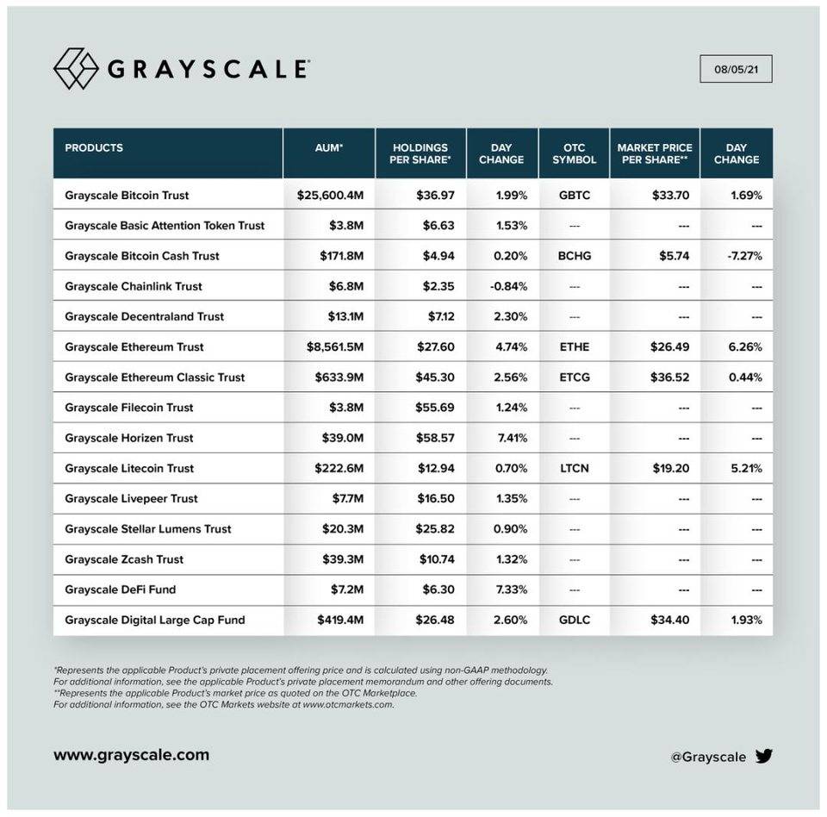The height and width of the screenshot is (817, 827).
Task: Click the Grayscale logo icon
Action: [x=76, y=69]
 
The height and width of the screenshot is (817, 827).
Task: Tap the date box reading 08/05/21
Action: [x=736, y=69]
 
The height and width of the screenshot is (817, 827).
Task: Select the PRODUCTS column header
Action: [x=94, y=147]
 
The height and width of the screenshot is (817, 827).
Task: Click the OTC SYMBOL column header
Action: [x=574, y=153]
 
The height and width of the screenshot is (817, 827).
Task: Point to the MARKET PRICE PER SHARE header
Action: [x=655, y=153]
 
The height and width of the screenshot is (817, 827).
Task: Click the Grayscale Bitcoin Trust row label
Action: [x=127, y=196]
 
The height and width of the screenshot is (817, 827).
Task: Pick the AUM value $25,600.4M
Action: [x=330, y=196]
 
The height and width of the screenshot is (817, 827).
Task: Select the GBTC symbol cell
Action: [x=574, y=196]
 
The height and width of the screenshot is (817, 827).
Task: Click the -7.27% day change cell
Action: [x=746, y=256]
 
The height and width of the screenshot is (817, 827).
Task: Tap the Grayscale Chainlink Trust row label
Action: [x=133, y=286]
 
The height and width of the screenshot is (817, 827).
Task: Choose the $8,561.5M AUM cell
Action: [x=330, y=347]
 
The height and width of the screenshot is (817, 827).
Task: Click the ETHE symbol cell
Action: [x=574, y=347]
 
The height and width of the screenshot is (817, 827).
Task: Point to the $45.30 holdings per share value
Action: [x=435, y=377]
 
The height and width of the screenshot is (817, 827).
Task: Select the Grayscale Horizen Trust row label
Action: [x=128, y=438]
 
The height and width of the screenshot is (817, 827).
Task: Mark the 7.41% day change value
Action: [x=511, y=438]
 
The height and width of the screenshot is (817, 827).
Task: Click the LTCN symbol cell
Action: [x=574, y=469]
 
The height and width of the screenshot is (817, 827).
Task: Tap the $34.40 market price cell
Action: [x=671, y=620]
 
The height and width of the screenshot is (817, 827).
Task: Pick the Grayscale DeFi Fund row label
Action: [x=120, y=589]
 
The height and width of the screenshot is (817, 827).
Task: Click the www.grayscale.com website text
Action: [x=131, y=755]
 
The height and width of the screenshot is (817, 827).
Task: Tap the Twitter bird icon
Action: [x=764, y=757]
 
